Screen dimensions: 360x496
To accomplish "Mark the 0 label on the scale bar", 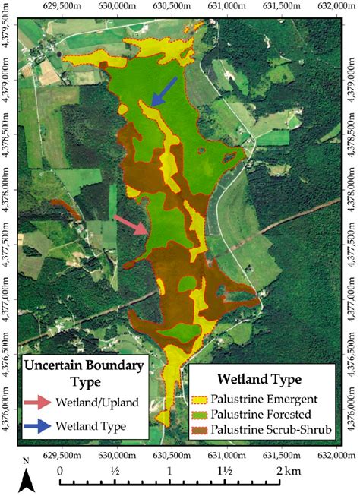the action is [61, 470].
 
